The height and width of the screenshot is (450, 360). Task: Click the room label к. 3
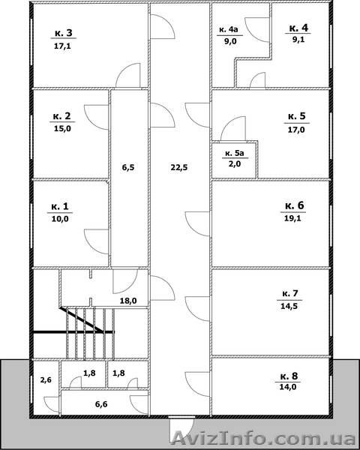(x=64, y=33)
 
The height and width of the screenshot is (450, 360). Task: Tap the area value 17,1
(x=62, y=46)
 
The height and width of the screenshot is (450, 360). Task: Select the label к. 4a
(x=229, y=29)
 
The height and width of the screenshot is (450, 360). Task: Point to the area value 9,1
(x=298, y=39)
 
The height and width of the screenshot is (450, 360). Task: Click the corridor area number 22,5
(x=179, y=167)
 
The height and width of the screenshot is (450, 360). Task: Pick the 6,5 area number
(x=128, y=167)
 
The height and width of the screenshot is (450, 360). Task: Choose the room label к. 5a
(x=234, y=154)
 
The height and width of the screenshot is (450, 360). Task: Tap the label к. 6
(x=295, y=205)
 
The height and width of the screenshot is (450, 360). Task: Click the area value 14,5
(x=289, y=306)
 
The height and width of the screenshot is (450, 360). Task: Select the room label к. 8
(x=289, y=376)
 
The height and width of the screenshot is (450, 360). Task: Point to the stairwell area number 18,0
(x=128, y=301)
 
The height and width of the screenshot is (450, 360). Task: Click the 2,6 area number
(x=46, y=380)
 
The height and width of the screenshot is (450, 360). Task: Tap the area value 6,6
(x=101, y=404)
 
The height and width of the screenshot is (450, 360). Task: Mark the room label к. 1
(x=60, y=206)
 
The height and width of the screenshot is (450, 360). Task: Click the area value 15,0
(x=62, y=128)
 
